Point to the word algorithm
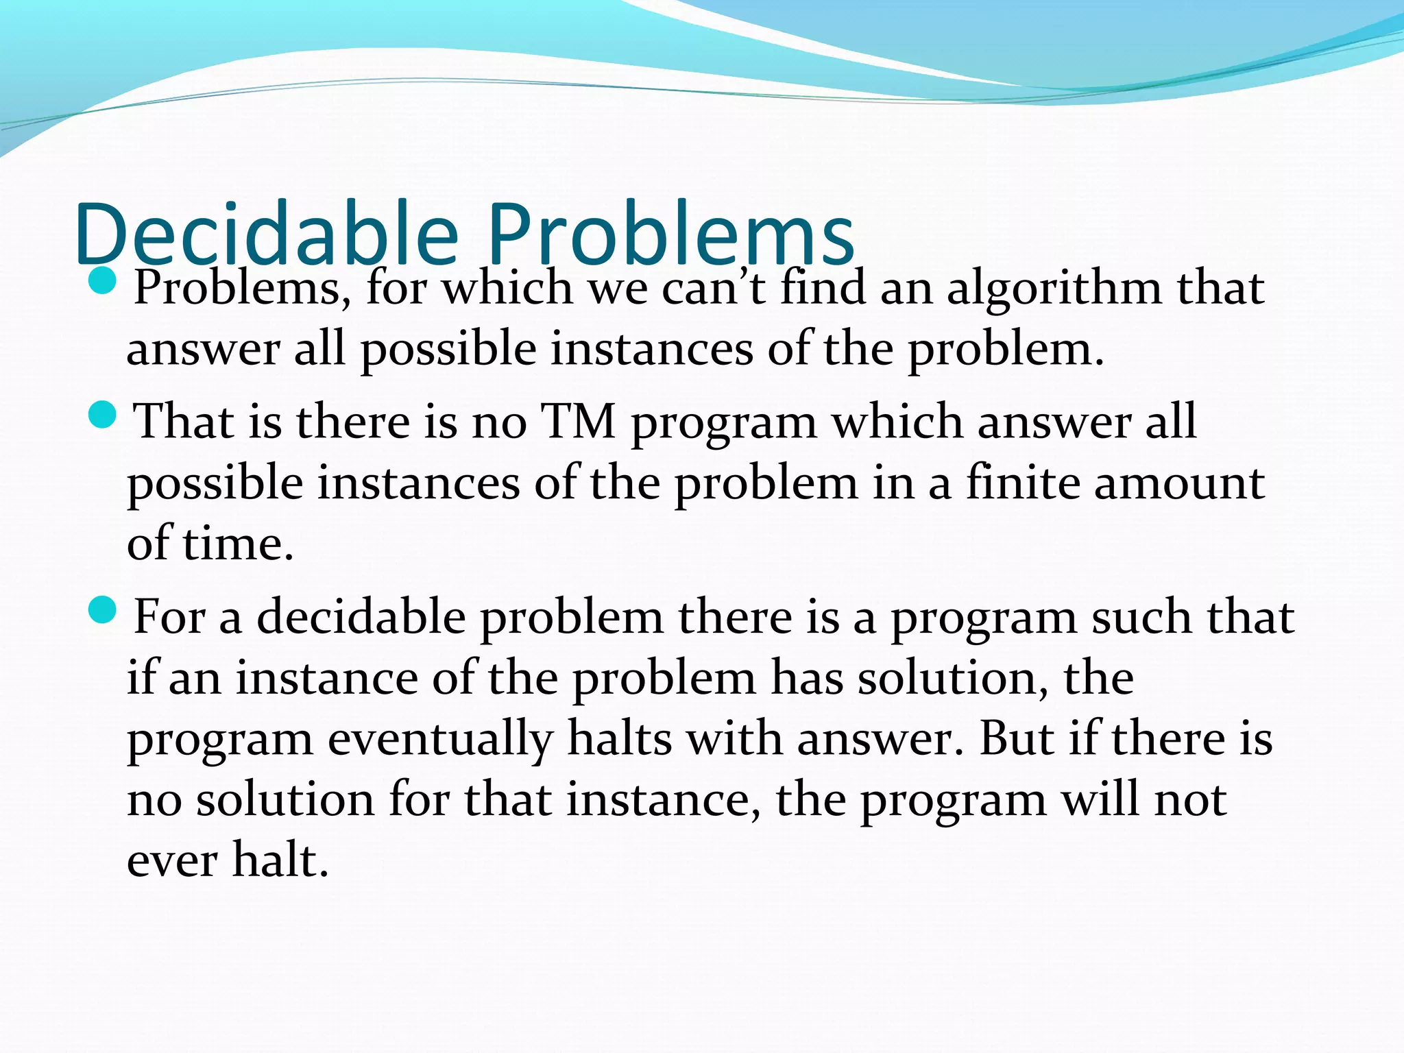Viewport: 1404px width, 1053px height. [1054, 288]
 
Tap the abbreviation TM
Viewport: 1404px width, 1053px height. [578, 420]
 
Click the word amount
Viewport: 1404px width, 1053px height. [1179, 483]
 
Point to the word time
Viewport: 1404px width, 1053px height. [238, 543]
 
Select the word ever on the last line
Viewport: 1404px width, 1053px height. [172, 861]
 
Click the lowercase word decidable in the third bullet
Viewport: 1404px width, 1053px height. [361, 616]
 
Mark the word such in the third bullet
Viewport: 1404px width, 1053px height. [1141, 616]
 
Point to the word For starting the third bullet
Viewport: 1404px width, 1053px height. [169, 616]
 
